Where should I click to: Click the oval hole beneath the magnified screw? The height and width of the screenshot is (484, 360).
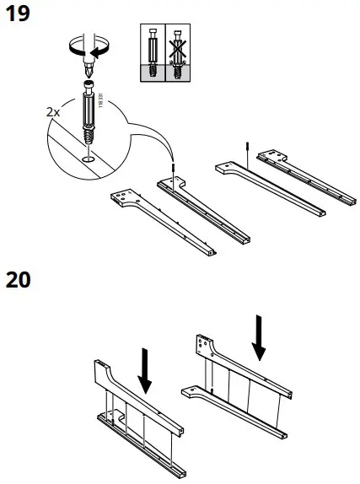[x=89, y=157]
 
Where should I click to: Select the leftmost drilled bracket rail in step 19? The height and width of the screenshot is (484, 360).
[x=160, y=219]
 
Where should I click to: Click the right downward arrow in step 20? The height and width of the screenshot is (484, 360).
[x=260, y=337]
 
